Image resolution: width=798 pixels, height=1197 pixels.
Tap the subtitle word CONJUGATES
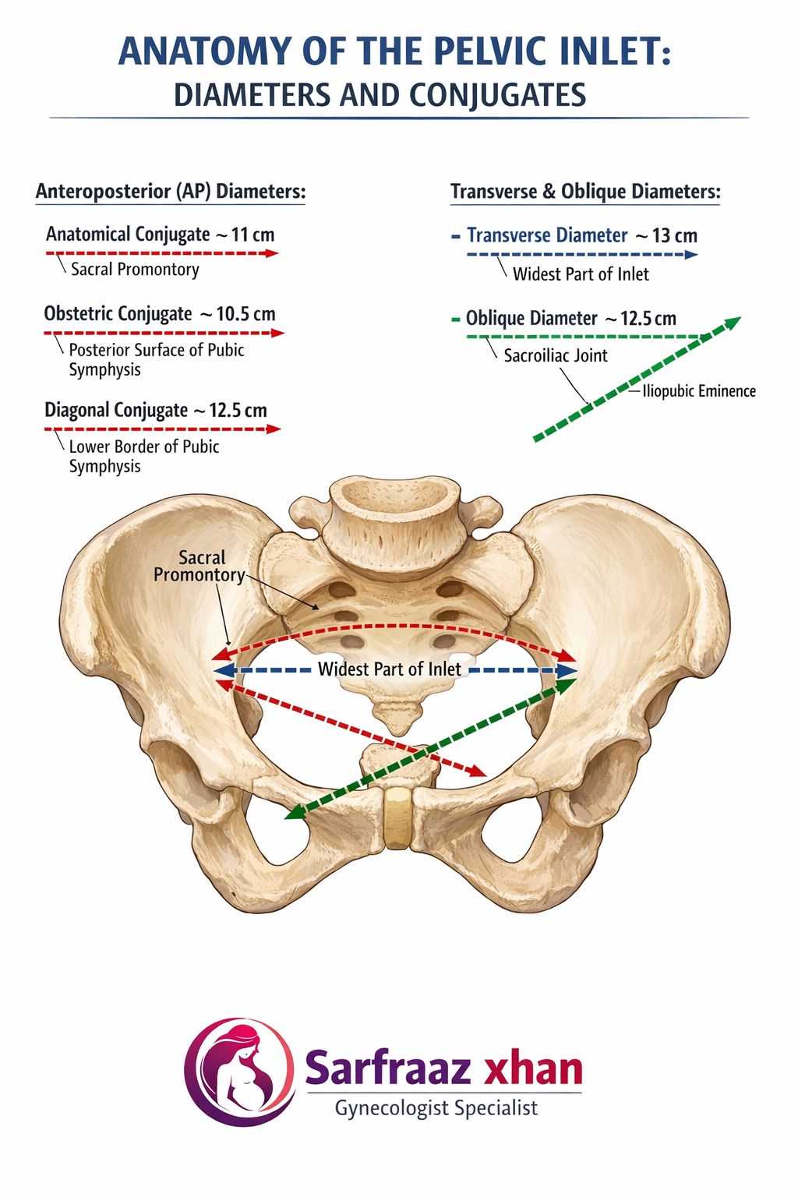point(498,95)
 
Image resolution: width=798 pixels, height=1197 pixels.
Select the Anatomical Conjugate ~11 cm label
point(160,234)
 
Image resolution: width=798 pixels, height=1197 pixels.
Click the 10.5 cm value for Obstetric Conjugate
point(245,314)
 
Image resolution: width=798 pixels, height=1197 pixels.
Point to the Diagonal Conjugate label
point(116,411)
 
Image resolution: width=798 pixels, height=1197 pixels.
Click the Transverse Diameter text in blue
point(547,235)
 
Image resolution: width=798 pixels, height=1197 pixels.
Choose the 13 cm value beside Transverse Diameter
point(675,235)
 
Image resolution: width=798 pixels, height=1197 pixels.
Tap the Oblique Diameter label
point(531,319)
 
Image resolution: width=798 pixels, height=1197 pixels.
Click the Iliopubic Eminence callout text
point(699,391)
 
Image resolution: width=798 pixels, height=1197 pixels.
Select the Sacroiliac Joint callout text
point(556,355)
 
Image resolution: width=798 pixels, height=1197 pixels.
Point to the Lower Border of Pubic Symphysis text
point(143,457)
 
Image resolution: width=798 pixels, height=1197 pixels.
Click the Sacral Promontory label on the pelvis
point(199,567)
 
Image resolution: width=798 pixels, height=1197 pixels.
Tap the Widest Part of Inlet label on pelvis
point(389,669)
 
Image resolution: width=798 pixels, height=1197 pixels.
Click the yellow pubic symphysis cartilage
point(397,817)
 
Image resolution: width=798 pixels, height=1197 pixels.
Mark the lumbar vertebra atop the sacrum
point(396,513)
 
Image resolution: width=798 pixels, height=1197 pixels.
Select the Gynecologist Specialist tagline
point(436,1108)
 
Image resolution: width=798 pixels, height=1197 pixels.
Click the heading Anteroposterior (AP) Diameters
point(171,191)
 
